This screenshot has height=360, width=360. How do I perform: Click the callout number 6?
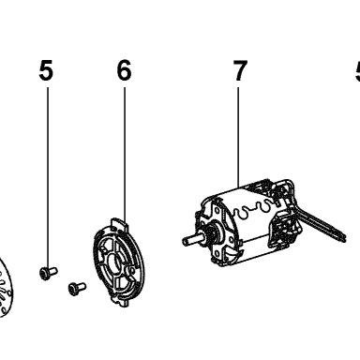point(124,70)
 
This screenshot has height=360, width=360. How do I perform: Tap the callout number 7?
point(240,70)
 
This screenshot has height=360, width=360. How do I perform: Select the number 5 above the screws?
point(46,70)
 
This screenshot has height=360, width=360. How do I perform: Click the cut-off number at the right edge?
point(357,71)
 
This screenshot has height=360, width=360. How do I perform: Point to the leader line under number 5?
point(48,177)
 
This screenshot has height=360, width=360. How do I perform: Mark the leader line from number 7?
point(238,137)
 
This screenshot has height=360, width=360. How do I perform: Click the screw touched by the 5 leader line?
point(49,273)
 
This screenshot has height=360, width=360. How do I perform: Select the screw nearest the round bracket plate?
point(77,289)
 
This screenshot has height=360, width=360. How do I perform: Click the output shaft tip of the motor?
point(185,241)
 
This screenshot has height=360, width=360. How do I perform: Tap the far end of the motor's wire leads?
point(342,236)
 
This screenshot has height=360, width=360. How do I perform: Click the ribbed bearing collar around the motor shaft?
point(211,234)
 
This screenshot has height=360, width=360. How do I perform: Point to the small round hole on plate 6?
point(132,271)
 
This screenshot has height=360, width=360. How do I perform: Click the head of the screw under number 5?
point(44,274)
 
